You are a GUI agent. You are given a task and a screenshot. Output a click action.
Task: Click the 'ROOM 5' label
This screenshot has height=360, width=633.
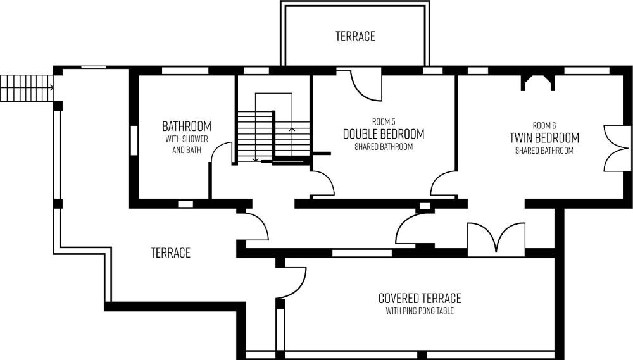click(384, 121)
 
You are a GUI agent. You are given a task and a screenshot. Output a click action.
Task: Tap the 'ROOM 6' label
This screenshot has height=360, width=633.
click(544, 125)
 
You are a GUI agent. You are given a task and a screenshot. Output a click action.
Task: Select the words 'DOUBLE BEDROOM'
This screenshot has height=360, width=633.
click(384, 134)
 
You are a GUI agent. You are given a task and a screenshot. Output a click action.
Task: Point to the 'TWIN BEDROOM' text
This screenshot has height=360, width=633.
click(544, 138)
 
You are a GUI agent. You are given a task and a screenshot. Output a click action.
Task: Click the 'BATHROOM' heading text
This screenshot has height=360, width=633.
click(187, 127)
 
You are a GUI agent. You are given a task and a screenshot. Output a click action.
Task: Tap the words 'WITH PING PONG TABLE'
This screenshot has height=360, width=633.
click(420, 311)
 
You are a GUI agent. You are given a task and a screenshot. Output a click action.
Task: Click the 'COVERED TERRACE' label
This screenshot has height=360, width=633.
click(420, 298)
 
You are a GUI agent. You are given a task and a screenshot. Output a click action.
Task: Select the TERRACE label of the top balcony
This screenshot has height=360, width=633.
click(355, 36)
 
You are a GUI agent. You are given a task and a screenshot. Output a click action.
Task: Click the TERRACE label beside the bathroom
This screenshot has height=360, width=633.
click(170, 252)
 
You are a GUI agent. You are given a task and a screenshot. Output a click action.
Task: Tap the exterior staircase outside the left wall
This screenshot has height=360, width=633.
click(27, 87)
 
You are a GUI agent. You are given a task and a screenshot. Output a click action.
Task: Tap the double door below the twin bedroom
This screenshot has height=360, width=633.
click(496, 238)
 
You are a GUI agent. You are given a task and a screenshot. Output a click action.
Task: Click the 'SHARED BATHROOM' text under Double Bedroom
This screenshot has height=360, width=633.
click(384, 147)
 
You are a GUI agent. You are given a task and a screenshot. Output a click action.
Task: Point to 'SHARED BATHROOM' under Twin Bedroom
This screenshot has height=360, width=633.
click(544, 151)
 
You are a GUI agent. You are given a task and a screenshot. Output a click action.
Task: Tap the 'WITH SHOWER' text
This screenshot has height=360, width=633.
click(187, 139)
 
